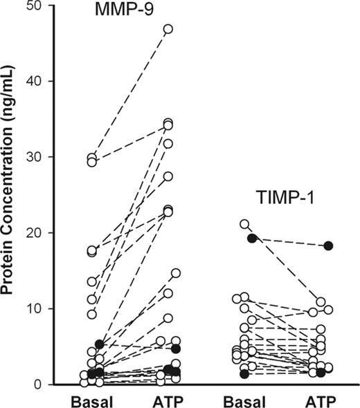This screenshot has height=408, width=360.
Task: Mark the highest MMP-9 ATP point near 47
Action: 168,29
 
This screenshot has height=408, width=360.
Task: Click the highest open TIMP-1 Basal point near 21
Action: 244,224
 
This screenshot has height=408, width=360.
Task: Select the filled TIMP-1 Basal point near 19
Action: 252,238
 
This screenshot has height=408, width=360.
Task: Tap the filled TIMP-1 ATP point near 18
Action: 329,245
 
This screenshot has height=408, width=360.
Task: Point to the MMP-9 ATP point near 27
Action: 168,176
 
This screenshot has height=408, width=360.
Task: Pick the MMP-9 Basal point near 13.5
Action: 91,281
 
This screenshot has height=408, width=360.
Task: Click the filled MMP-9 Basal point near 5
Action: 99,344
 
